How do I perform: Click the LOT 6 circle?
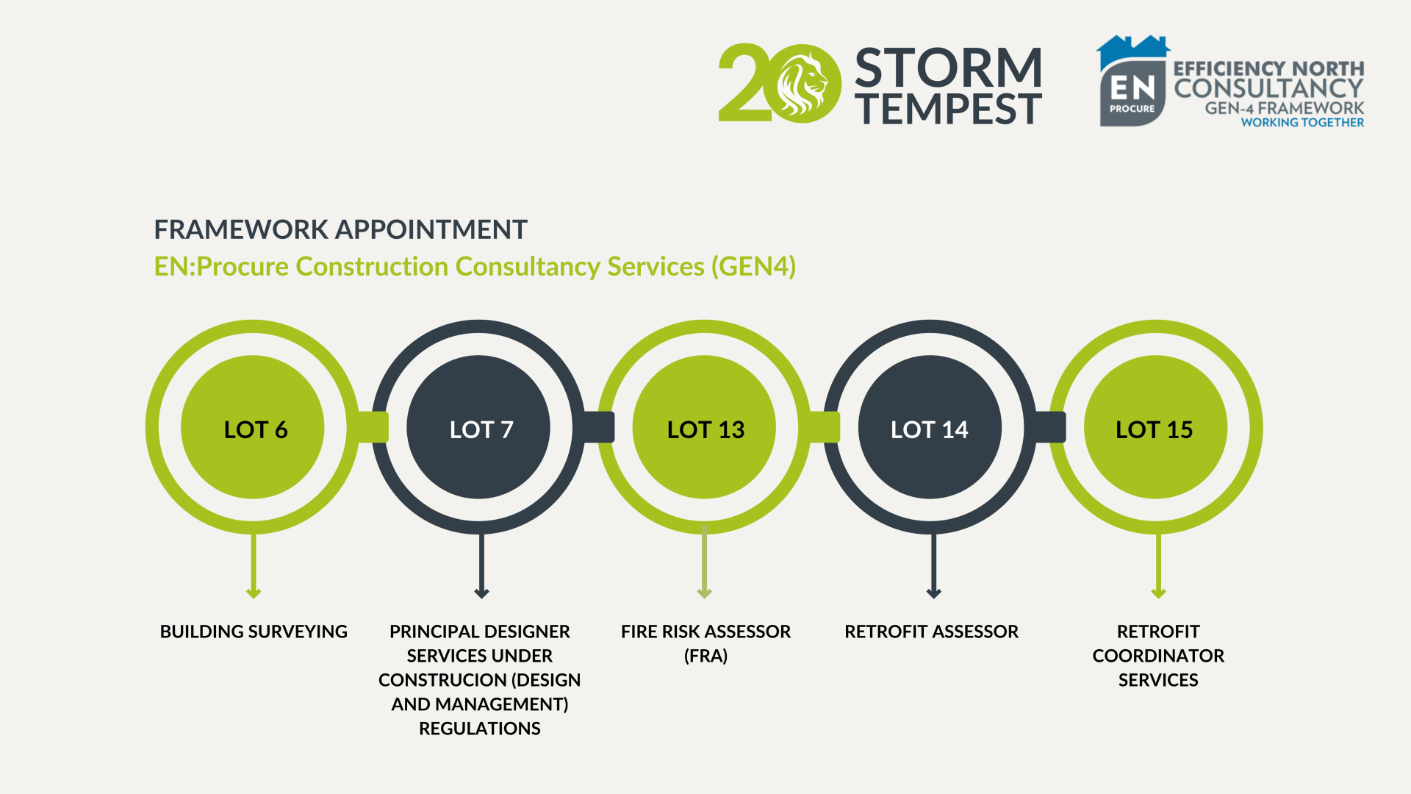click(x=253, y=427)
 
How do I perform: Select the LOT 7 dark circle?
click(x=478, y=427)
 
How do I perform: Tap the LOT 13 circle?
click(x=704, y=427)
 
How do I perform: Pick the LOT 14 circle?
click(x=930, y=427)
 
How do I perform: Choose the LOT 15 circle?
click(x=1155, y=427)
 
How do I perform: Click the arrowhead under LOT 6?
click(x=254, y=593)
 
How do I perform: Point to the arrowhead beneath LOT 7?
click(x=481, y=593)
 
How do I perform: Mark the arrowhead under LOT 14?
click(x=933, y=593)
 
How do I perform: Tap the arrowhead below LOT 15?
click(x=1158, y=593)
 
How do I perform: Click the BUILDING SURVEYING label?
click(x=254, y=632)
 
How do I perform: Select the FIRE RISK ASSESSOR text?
click(x=705, y=632)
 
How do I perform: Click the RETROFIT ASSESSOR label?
click(x=931, y=632)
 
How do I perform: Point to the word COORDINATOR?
click(x=1158, y=656)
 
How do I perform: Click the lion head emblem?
click(x=801, y=83)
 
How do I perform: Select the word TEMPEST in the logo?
click(x=948, y=109)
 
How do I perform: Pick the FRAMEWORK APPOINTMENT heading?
click(x=340, y=229)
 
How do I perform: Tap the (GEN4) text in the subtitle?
click(x=753, y=266)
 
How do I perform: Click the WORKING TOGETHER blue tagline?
click(x=1302, y=123)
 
